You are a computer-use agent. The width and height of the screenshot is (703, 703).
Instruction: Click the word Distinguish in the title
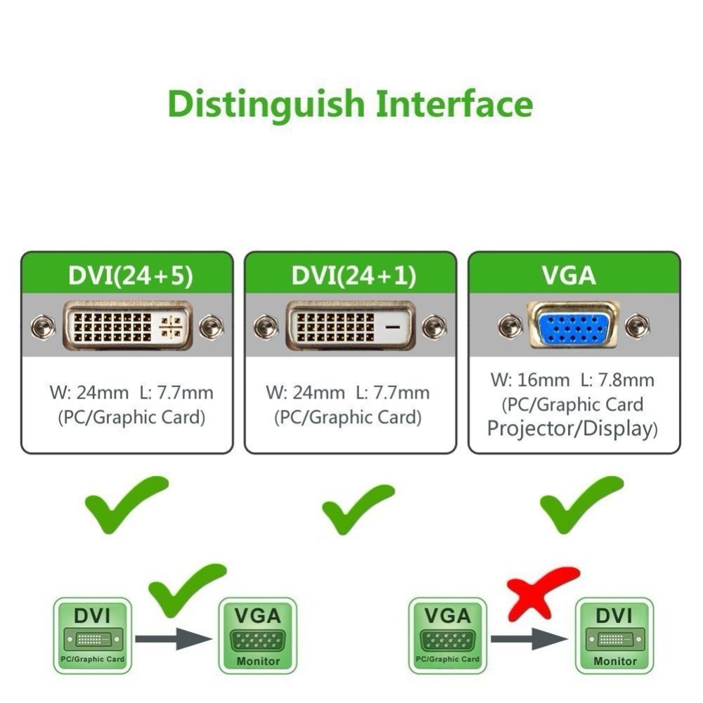266,105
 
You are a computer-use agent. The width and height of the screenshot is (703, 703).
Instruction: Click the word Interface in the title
454,103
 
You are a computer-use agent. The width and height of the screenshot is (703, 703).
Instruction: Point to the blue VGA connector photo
573,325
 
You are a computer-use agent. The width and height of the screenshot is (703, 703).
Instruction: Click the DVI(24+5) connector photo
127,325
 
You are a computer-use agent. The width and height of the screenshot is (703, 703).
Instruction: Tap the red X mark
542,592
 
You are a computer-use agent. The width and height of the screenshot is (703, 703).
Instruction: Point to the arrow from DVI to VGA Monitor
173,638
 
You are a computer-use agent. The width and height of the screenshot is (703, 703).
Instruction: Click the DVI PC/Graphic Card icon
92,635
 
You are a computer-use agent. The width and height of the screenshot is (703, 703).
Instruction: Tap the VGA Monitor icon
258,636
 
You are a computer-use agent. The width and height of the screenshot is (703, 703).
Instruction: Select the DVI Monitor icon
614,636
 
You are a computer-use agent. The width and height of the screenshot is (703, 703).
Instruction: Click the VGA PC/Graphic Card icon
447,635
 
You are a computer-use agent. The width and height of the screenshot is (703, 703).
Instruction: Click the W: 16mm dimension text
530,380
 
